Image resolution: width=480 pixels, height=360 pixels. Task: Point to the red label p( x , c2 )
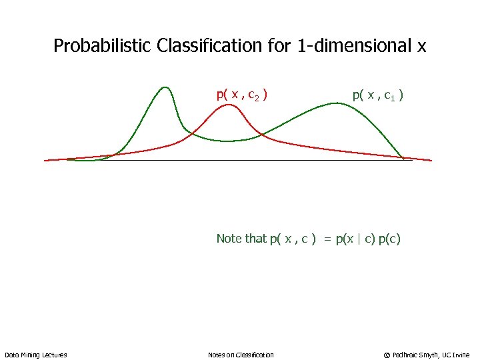[x=242, y=95]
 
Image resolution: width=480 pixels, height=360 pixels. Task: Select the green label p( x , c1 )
[x=377, y=95]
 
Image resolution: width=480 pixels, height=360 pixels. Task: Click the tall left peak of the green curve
[x=165, y=87]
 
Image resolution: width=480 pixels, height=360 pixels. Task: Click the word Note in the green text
[x=229, y=238]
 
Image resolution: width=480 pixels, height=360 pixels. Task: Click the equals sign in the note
[x=327, y=239]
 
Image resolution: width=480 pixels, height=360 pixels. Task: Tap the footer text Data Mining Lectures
[x=36, y=355]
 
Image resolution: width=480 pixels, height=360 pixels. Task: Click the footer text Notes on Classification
[x=241, y=355]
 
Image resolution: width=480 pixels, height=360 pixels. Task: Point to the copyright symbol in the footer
[x=387, y=355]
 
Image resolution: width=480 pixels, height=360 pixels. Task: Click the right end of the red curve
[x=431, y=161]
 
